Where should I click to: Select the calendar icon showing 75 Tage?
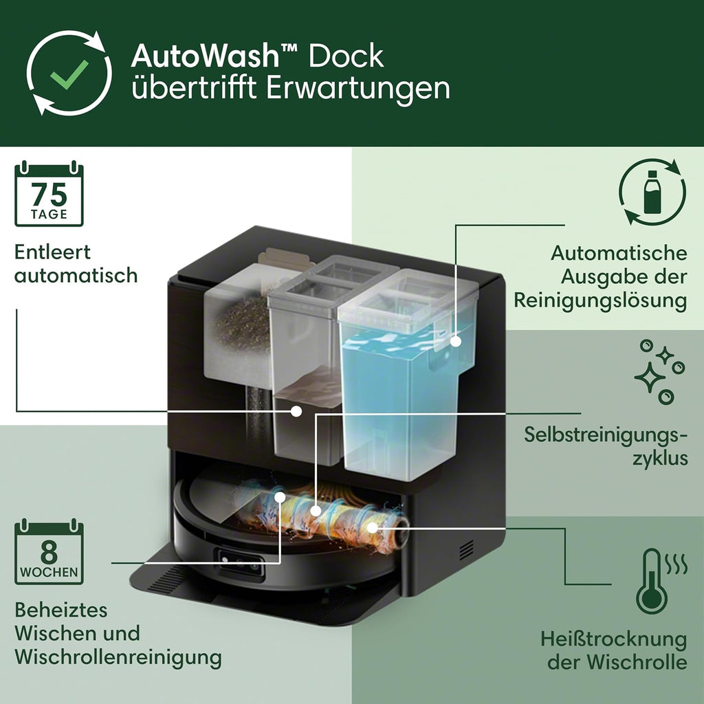pos(49,195)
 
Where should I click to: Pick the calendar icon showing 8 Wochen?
pos(49,553)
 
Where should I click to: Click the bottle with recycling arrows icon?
pos(652,192)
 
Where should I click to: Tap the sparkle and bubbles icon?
pos(658,371)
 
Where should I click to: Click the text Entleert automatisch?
pos(76,263)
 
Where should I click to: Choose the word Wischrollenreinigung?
pos(118,657)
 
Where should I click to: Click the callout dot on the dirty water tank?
pos(296,410)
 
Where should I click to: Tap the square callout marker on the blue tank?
pos(454,341)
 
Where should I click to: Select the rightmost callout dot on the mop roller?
pos(372,528)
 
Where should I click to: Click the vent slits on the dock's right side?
pos(466,549)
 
